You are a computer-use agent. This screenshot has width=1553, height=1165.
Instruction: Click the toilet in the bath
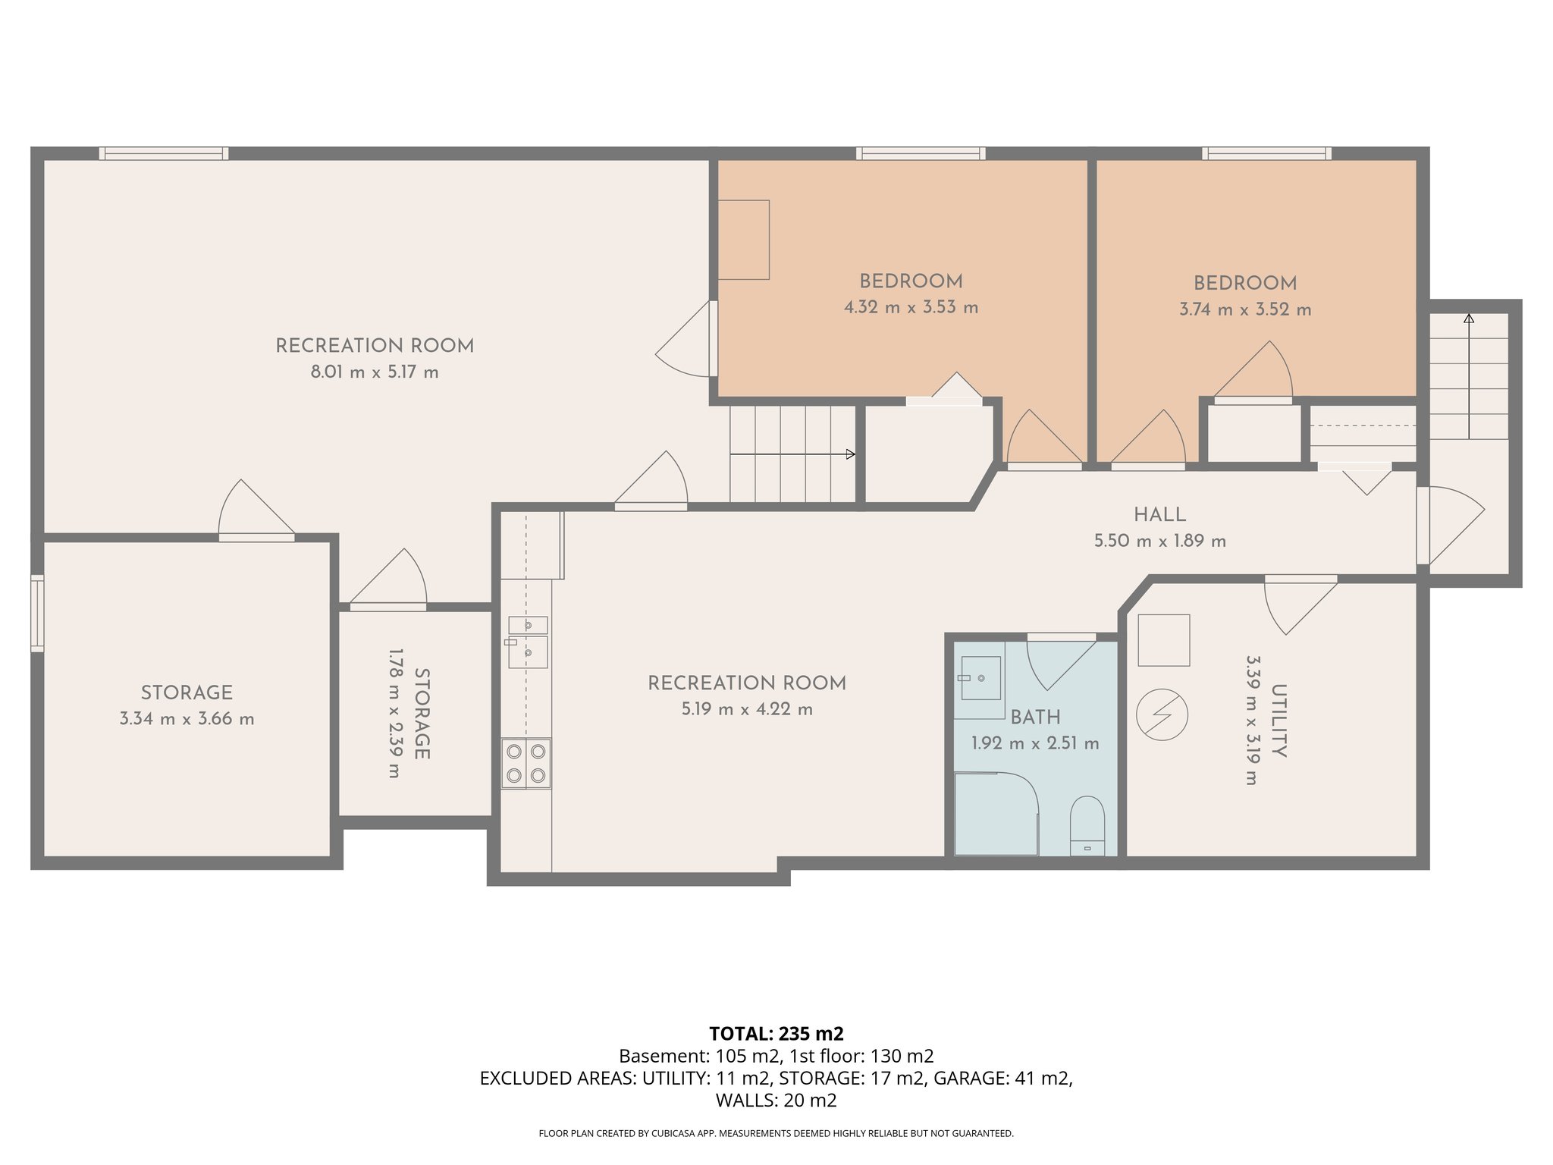1087,825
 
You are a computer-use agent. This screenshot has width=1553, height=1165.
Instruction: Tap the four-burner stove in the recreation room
526,763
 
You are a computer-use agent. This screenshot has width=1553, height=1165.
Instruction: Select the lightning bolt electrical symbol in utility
1162,714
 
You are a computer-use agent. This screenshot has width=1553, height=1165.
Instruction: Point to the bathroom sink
980,678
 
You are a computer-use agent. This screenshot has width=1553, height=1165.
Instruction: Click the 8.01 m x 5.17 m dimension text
375,372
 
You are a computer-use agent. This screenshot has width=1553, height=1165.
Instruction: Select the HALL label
1159,515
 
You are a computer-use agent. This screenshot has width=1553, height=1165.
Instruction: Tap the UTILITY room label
1278,721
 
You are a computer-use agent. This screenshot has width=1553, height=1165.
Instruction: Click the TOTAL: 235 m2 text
776,1034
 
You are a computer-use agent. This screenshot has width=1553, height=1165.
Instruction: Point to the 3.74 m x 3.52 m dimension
1244,309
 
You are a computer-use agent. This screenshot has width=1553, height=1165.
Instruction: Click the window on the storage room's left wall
37,613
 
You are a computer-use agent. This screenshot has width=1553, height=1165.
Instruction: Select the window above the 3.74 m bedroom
1266,153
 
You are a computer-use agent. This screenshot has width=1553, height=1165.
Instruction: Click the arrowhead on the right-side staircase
1469,319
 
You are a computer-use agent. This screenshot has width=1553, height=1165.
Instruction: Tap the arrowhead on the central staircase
850,454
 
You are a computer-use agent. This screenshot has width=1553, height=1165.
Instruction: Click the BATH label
1035,718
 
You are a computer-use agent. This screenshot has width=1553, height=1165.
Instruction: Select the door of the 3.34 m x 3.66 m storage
256,537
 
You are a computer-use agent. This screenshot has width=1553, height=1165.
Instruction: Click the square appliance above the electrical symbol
1163,640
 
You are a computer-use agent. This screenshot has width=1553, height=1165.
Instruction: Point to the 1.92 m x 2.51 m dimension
1035,744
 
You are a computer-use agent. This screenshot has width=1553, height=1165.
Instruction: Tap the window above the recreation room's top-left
163,153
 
